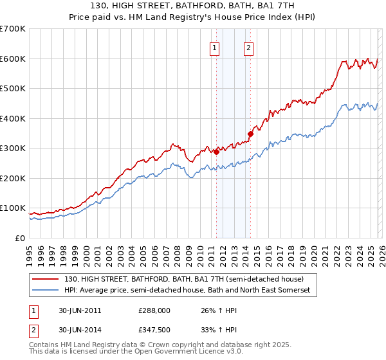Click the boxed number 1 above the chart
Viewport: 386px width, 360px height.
[214, 47]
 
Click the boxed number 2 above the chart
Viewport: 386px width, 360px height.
[248, 47]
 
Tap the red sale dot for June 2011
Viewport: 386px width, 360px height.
[217, 152]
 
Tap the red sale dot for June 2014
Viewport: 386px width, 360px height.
[250, 134]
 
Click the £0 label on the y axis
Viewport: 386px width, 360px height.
[21, 238]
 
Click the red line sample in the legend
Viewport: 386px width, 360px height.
[46, 279]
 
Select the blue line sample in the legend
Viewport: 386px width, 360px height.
[46, 291]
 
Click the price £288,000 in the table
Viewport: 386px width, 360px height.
[154, 310]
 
